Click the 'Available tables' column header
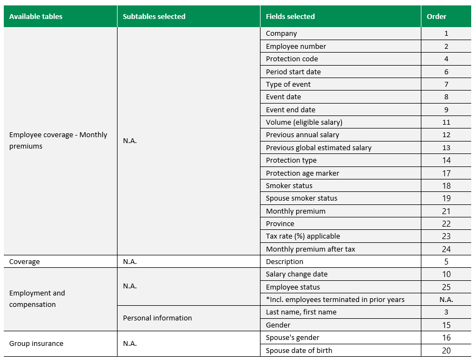coord(36,16)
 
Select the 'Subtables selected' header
coord(154,16)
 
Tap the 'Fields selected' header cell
coord(290,16)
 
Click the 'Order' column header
coord(437,16)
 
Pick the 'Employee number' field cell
coord(296,46)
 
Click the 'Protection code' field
coord(292,59)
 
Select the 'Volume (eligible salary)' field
coord(304,122)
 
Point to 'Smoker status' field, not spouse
coord(289,185)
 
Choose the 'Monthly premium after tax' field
coord(310,249)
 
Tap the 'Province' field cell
coord(280,223)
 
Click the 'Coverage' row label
coord(24,261)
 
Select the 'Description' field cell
coord(284,261)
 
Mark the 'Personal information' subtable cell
coord(157,318)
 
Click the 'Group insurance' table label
coord(36,343)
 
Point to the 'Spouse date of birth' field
coord(299,350)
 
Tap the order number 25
coord(446,287)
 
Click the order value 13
coord(446,147)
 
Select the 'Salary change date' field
coord(297,274)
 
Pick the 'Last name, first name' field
coord(301,312)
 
